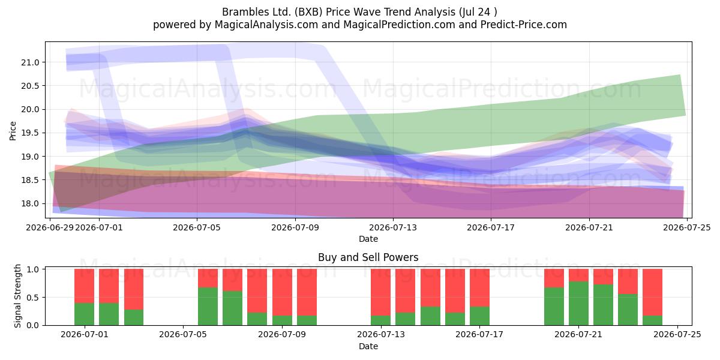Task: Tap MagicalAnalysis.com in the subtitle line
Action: tap(266, 25)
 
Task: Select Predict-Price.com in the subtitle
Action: tap(524, 25)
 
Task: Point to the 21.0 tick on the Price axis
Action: tap(30, 62)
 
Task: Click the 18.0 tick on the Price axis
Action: tap(30, 203)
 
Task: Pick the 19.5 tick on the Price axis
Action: tap(30, 133)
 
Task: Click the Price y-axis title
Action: tap(13, 131)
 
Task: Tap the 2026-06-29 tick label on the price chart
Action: tap(50, 227)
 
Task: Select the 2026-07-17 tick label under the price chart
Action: tap(491, 227)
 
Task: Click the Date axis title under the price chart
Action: tap(368, 239)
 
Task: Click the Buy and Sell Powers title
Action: tap(368, 257)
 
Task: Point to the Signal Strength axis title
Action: tap(17, 296)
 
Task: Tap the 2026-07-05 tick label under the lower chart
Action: tap(183, 335)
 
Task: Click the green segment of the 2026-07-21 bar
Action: tap(578, 304)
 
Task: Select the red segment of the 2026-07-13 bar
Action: tap(381, 292)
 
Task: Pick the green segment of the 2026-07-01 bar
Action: tap(84, 314)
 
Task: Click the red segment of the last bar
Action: tap(653, 292)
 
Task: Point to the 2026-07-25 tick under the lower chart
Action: tap(677, 335)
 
